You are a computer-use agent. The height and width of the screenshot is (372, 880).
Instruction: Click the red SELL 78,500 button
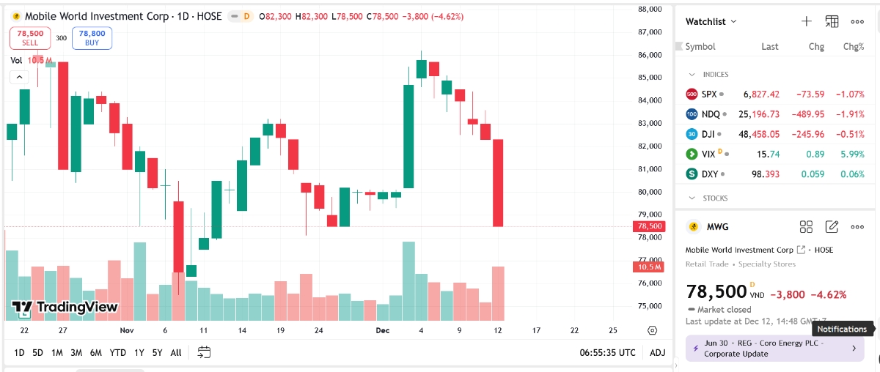tap(30, 38)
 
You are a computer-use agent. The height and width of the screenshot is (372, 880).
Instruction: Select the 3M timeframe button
tap(76, 352)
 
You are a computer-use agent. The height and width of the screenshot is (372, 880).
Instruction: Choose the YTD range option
tap(117, 352)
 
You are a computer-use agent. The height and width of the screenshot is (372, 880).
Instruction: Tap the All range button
tap(175, 352)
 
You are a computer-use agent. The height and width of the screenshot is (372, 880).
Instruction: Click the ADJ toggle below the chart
tap(658, 352)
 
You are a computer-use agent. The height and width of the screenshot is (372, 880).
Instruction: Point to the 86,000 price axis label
tap(650, 55)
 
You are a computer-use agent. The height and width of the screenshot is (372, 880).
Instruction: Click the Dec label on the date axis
tap(382, 330)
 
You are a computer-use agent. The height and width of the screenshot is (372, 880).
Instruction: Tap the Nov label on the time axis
tap(127, 330)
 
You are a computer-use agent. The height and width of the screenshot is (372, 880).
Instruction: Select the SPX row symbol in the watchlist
tap(708, 94)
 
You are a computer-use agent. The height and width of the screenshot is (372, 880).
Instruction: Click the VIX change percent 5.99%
tap(854, 154)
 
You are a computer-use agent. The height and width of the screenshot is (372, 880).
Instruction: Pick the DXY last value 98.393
tap(763, 174)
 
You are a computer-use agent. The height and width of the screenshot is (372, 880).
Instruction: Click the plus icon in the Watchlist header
tap(807, 21)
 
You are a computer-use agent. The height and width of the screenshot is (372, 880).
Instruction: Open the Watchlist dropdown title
tap(711, 21)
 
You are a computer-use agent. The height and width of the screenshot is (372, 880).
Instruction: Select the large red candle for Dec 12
tap(498, 182)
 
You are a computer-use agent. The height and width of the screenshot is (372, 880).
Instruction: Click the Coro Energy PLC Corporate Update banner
tap(774, 349)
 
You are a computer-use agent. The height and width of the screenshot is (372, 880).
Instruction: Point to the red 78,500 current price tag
tap(650, 226)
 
